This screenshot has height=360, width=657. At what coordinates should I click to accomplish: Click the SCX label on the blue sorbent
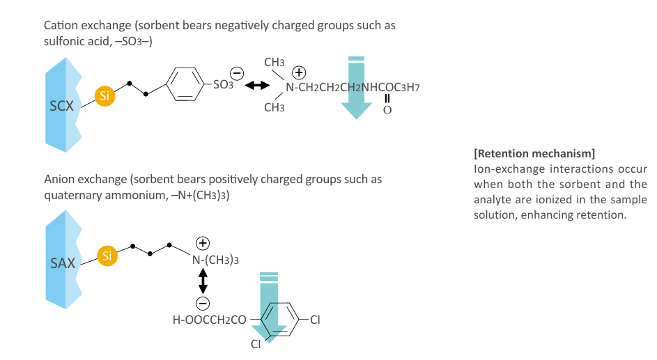[x=61, y=106]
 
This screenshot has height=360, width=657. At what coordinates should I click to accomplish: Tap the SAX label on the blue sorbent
[x=63, y=263]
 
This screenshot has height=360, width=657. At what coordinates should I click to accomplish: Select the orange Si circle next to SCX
[x=105, y=96]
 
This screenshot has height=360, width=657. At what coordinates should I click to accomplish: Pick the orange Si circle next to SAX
[x=107, y=256]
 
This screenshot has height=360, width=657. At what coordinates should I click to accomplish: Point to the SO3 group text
[x=223, y=84]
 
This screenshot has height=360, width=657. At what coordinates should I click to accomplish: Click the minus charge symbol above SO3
[x=237, y=74]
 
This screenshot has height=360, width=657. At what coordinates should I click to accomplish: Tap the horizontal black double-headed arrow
[x=257, y=86]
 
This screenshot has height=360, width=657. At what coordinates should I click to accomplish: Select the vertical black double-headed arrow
[x=203, y=281]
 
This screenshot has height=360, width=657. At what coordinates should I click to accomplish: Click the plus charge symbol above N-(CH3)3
[x=203, y=243]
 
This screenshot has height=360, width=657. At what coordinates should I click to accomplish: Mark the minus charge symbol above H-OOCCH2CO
[x=203, y=304]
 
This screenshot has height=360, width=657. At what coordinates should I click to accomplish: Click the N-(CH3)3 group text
[x=215, y=260]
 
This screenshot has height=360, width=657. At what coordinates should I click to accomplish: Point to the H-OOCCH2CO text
[x=210, y=320]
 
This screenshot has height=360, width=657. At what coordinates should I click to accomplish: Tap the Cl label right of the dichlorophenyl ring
[x=315, y=320]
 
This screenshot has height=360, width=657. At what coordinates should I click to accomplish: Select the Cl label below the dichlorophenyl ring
[x=256, y=344]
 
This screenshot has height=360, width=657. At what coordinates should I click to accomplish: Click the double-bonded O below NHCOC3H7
[x=387, y=110]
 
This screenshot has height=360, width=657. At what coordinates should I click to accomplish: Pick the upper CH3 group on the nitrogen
[x=275, y=63]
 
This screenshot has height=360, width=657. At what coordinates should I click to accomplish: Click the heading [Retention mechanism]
[x=534, y=154]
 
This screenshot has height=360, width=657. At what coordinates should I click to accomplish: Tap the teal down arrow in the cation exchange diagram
[x=357, y=88]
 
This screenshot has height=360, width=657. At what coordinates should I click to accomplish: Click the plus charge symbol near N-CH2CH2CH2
[x=299, y=73]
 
